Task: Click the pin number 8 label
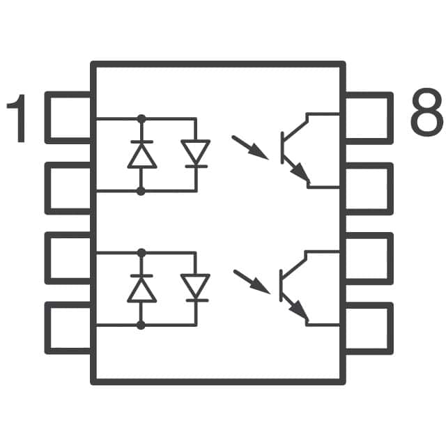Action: pyautogui.click(x=426, y=114)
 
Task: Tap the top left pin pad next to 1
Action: pyautogui.click(x=68, y=117)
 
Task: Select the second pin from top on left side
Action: pyautogui.click(x=68, y=187)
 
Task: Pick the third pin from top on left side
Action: pyautogui.click(x=68, y=258)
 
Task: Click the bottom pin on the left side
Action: pyautogui.click(x=68, y=327)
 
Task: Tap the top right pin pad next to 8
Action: pyautogui.click(x=369, y=117)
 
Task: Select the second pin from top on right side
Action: pyautogui.click(x=369, y=187)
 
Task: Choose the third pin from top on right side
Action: pyautogui.click(x=369, y=258)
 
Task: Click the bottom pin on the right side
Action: pyautogui.click(x=369, y=327)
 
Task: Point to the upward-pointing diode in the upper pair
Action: pyautogui.click(x=141, y=155)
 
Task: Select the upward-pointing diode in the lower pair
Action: pyautogui.click(x=141, y=289)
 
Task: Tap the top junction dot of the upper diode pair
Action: pyautogui.click(x=141, y=118)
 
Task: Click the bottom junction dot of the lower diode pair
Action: pyautogui.click(x=141, y=325)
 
